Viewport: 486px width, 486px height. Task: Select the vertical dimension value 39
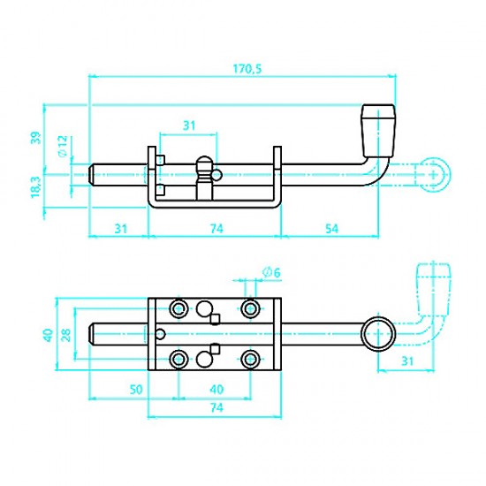[x=35, y=137]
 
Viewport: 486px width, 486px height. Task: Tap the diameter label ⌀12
[x=62, y=146]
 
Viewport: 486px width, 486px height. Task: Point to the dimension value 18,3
[x=35, y=187]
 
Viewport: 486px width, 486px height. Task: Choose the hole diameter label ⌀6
[x=271, y=271]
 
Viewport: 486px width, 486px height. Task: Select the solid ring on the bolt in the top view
[x=378, y=334]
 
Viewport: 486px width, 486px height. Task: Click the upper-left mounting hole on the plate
[x=178, y=308]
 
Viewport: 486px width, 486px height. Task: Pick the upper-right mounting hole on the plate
[x=250, y=308]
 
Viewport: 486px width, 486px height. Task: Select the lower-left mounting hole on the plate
[x=178, y=360]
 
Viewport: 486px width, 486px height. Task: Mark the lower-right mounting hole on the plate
[x=250, y=360]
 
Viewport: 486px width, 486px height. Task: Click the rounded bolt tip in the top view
[x=94, y=334]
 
